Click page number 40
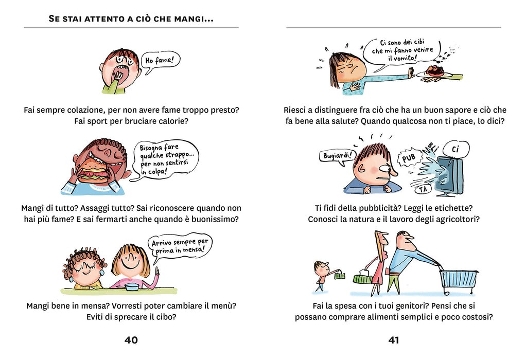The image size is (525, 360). [x=131, y=340]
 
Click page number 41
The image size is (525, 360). [x=393, y=340]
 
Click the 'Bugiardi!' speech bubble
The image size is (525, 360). [x=337, y=156]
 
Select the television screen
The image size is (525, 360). [x=450, y=176]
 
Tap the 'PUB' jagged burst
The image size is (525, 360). [x=409, y=157]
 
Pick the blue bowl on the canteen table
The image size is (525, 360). [x=132, y=286]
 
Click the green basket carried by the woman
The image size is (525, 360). [x=363, y=277]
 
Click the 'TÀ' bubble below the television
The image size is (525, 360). [x=423, y=190]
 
